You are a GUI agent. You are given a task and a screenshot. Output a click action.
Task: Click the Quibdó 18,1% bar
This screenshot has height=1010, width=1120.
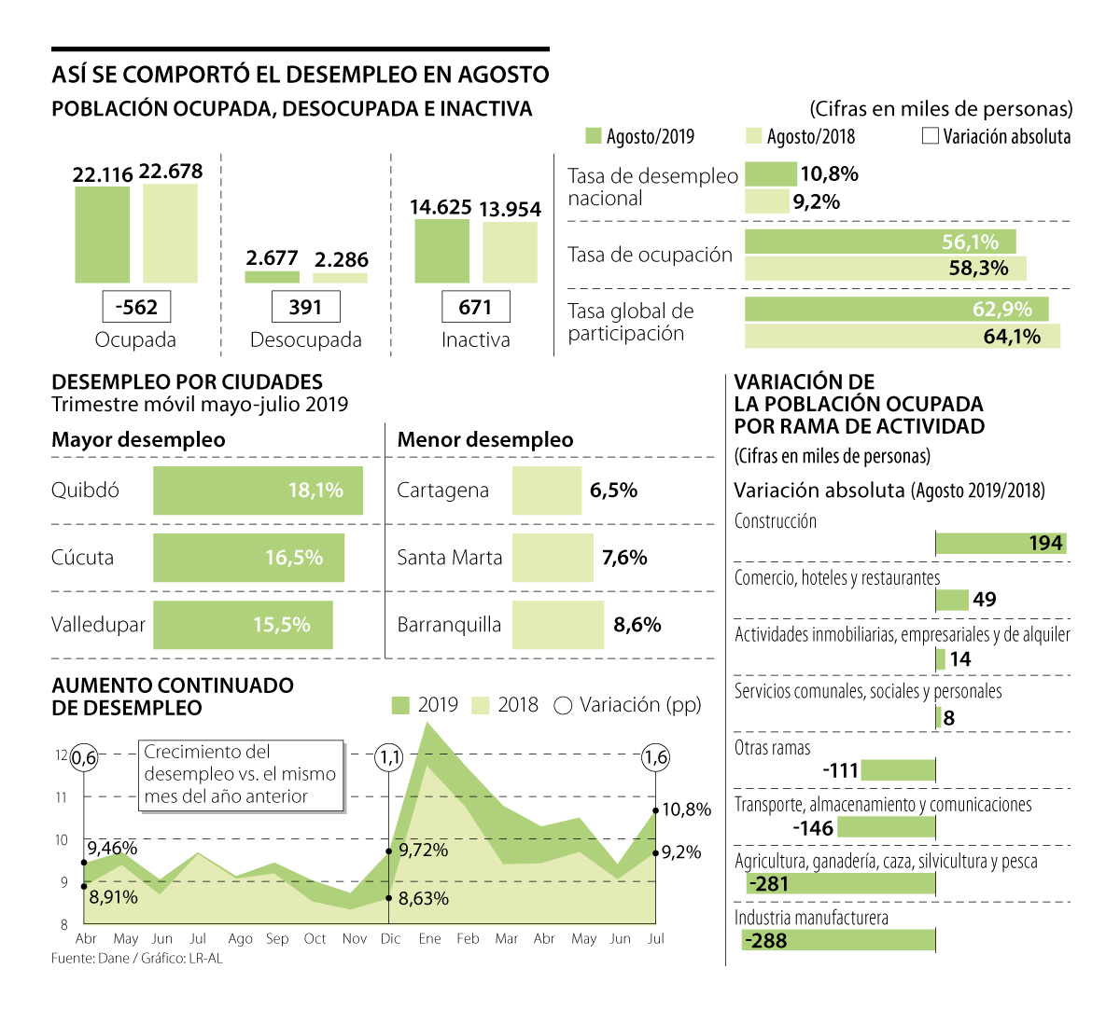258,491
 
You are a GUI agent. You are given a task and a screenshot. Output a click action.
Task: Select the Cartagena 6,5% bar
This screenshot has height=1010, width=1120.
546,491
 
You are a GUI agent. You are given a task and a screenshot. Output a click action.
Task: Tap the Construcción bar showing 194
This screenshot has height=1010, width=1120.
1000,544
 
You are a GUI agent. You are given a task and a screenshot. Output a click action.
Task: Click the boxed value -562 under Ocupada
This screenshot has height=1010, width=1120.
136,307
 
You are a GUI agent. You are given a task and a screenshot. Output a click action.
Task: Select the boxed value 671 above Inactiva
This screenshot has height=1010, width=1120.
475,307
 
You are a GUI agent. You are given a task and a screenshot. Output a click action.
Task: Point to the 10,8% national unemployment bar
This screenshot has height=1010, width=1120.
770,174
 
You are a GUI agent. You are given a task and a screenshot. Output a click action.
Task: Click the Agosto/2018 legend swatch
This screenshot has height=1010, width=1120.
753,136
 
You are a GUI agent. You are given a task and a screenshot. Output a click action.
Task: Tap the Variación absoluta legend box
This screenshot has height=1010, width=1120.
930,136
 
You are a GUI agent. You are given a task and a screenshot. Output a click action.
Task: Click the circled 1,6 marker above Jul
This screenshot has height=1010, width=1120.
656,757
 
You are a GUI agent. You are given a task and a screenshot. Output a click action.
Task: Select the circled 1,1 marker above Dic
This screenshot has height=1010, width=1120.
388,757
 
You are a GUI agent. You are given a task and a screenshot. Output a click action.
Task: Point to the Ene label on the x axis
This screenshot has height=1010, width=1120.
429,938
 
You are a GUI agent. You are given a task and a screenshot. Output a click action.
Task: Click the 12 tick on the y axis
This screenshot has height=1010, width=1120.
62,755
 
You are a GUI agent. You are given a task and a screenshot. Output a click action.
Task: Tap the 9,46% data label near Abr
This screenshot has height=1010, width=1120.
112,848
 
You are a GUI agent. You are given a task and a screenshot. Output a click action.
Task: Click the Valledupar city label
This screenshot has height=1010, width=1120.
98,625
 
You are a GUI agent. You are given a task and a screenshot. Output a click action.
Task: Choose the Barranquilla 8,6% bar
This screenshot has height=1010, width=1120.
557,625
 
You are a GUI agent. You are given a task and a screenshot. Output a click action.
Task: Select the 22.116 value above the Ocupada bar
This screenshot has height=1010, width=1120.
103,174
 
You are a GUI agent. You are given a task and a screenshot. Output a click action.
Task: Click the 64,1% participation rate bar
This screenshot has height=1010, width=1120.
902,337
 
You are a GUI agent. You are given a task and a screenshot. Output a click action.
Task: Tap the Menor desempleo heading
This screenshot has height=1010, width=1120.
485,440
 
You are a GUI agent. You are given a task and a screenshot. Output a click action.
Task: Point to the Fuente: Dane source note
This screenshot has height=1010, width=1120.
136,958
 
